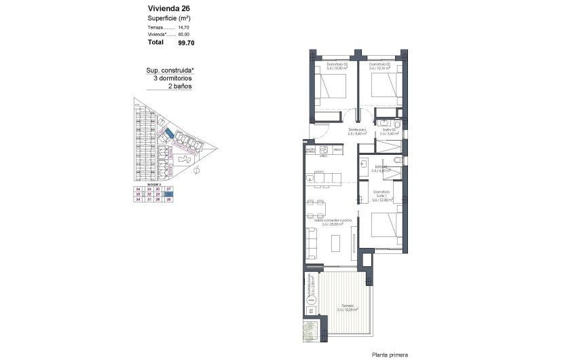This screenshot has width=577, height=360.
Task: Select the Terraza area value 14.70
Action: click(x=183, y=27)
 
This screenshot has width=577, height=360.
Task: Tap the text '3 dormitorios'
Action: click(x=173, y=78)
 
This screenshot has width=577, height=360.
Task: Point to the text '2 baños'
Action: click(x=181, y=87)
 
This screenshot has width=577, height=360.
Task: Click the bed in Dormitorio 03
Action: click(x=330, y=88)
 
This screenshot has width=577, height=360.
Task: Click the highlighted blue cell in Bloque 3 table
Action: click(x=170, y=194)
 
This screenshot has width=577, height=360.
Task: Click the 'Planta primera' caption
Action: click(x=390, y=354)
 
